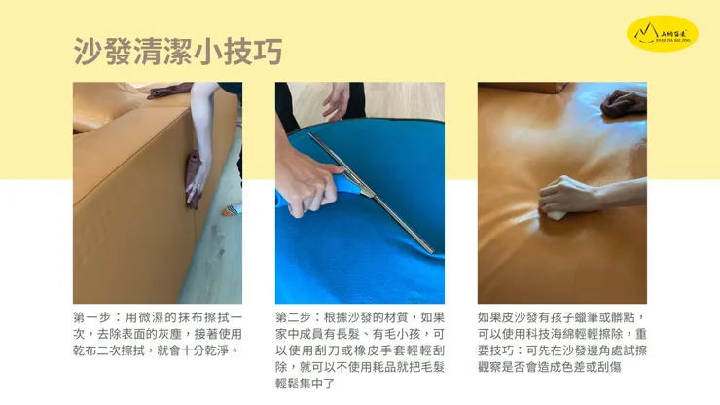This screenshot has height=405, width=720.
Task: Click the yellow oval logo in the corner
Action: tap(662, 33)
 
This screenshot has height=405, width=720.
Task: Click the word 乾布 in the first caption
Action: tap(86, 350)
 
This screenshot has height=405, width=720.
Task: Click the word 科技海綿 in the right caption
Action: tap(545, 334)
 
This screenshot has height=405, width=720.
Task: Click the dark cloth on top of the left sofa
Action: tap(169, 92)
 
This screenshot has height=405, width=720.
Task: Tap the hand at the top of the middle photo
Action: tap(337, 99)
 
